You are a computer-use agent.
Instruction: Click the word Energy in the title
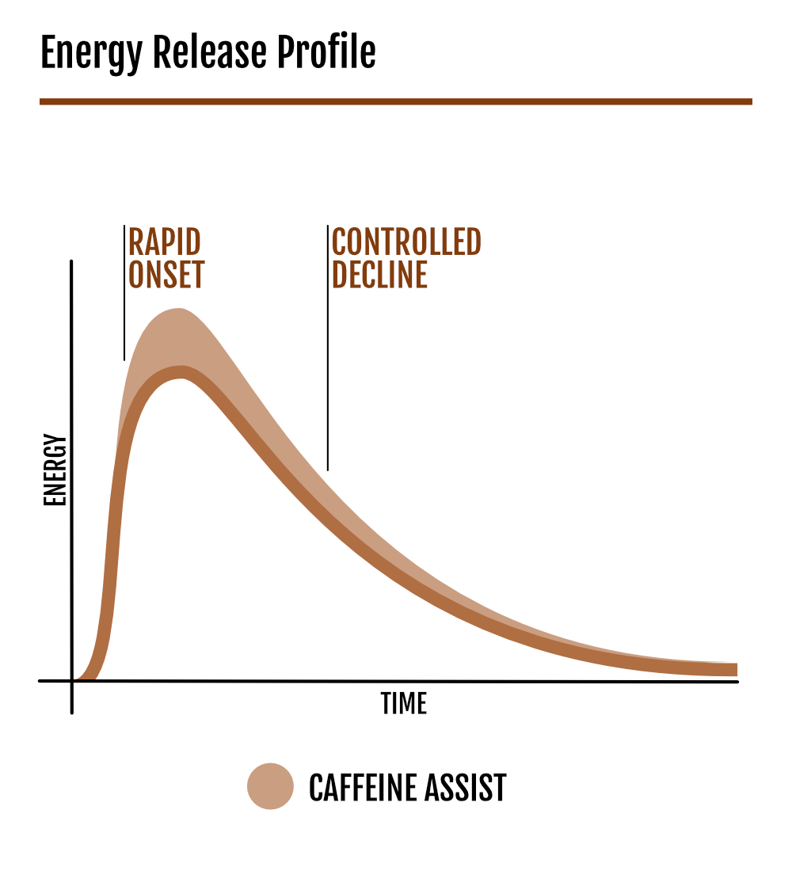(x=92, y=53)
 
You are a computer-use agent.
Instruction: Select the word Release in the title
(x=209, y=52)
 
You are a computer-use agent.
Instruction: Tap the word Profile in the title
(x=326, y=53)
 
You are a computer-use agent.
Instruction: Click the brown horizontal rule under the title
(x=396, y=101)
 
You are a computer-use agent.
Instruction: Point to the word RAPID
(x=165, y=242)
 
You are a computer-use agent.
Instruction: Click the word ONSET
(x=166, y=274)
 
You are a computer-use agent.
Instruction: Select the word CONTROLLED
(x=406, y=242)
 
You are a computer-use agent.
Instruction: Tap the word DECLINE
(x=379, y=274)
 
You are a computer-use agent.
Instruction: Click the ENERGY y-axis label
(x=55, y=470)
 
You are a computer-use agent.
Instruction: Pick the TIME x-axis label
(x=403, y=703)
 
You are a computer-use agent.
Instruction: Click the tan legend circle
(x=270, y=786)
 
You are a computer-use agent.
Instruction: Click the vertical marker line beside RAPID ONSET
(x=124, y=293)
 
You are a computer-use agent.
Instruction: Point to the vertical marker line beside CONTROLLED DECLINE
(x=328, y=348)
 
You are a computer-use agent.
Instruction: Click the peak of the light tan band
(x=178, y=310)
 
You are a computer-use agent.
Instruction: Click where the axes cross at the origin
(x=72, y=680)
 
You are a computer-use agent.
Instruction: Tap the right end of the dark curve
(x=737, y=669)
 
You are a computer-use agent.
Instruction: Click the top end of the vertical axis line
(x=71, y=261)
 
